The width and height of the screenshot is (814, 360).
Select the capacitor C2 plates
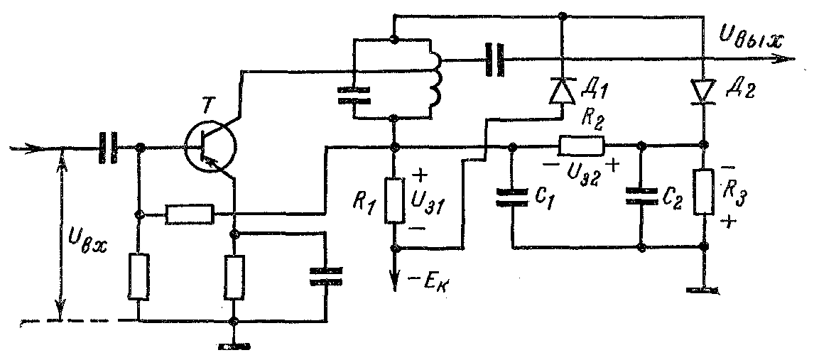coord(641,199)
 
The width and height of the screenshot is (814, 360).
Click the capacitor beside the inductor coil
coord(352,96)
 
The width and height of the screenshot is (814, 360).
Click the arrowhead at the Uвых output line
coord(785,59)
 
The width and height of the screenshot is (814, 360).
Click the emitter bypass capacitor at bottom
coord(326,276)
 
